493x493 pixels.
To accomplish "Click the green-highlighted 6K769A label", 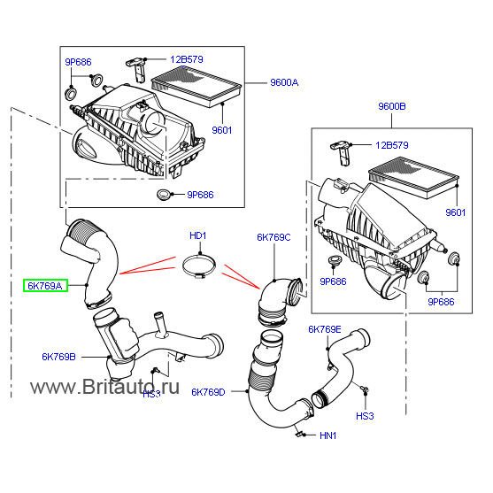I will [x=42, y=286].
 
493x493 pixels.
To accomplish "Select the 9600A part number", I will [x=284, y=82].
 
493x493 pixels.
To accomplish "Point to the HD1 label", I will [x=197, y=235].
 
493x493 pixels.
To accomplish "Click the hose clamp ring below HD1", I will [x=200, y=265].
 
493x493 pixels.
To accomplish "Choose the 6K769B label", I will [x=58, y=357].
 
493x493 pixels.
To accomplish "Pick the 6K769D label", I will [x=207, y=390].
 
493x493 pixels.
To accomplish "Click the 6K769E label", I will [x=325, y=329].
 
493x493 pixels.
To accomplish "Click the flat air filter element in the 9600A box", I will [x=197, y=87].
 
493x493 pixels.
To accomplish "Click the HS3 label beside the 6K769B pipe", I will [x=151, y=393].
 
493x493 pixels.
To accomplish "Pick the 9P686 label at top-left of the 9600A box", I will [x=76, y=64].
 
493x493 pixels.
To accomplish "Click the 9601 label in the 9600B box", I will [x=456, y=212].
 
